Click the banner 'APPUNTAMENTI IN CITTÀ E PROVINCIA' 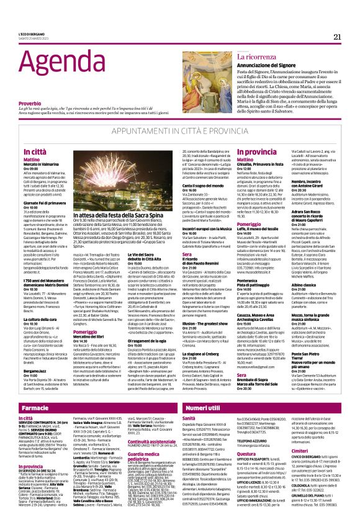(x=180, y=132)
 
